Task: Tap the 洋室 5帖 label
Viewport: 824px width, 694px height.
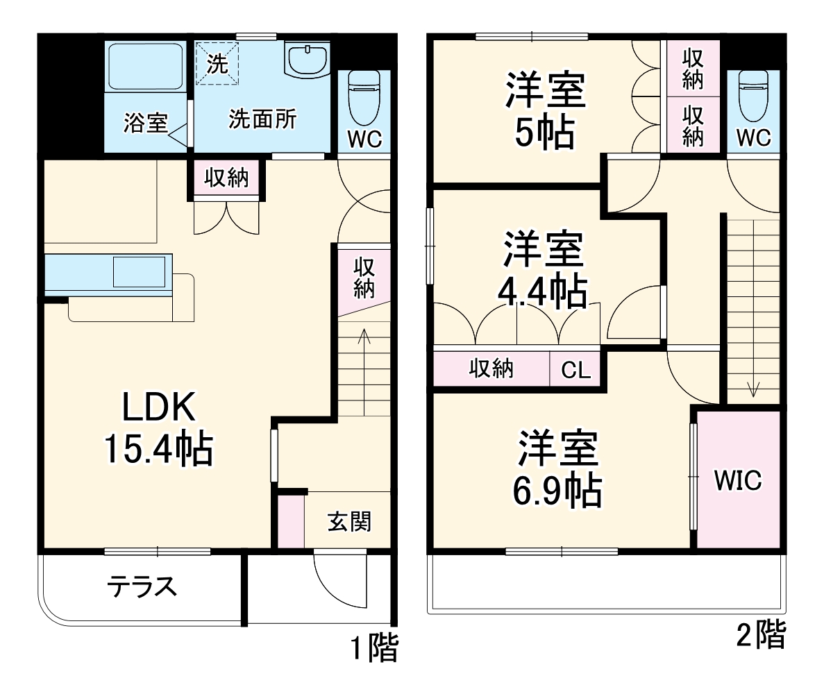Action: pyautogui.click(x=545, y=111)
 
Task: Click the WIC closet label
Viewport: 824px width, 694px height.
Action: pyautogui.click(x=739, y=480)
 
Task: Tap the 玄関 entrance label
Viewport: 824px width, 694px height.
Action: pyautogui.click(x=348, y=521)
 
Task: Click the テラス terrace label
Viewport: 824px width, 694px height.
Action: pyautogui.click(x=141, y=587)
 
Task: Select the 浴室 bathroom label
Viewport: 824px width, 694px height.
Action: pyautogui.click(x=145, y=123)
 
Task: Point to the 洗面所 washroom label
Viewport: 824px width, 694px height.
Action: pyautogui.click(x=262, y=119)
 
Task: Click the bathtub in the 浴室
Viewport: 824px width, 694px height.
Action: pyautogui.click(x=144, y=66)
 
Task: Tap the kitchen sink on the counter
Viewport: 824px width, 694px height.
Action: pyautogui.click(x=141, y=271)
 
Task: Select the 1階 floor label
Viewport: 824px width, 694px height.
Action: pyautogui.click(x=373, y=650)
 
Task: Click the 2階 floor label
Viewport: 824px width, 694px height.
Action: pyautogui.click(x=761, y=634)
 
